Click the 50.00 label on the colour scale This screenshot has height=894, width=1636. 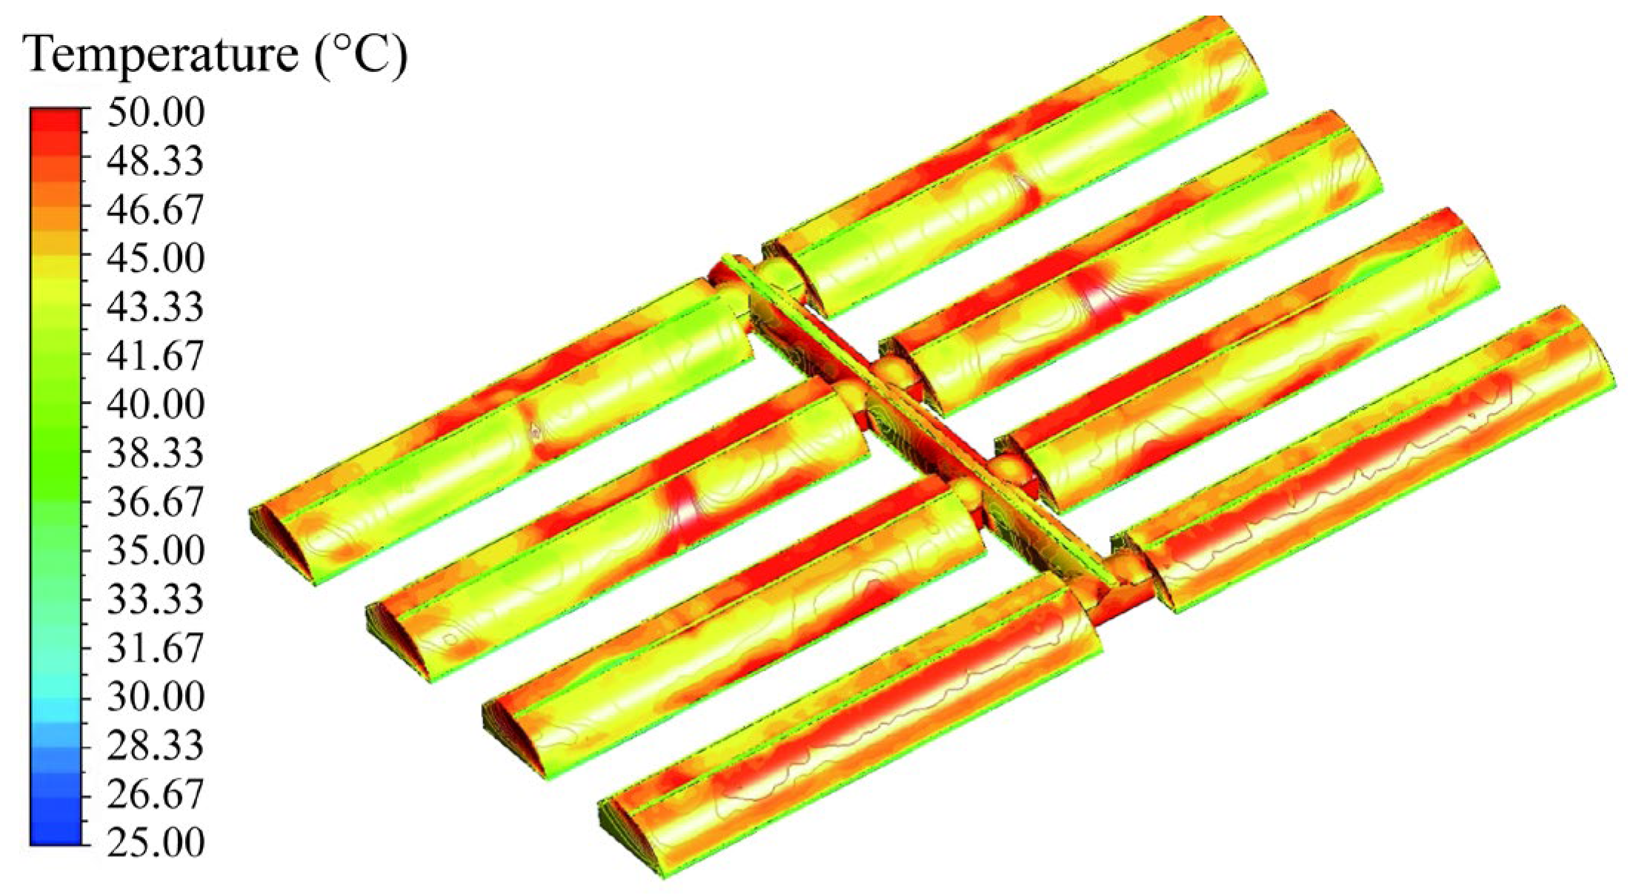155,113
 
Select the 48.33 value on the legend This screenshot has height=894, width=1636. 155,162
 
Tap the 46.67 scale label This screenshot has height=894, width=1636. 155,211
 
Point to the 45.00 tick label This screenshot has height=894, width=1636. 155,259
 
